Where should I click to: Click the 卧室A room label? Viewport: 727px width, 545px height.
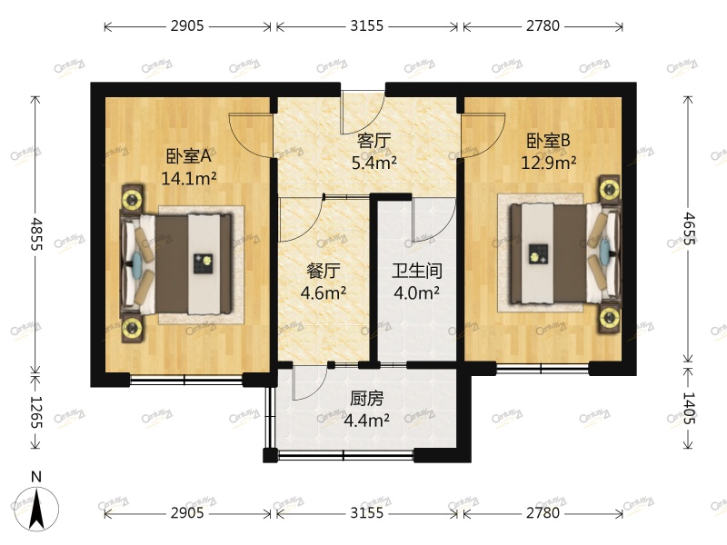[x=188, y=155]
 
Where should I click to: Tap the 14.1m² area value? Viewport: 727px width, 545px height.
[x=188, y=178]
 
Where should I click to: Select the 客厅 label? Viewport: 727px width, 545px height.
[x=374, y=141]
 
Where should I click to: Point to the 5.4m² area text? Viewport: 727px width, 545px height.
[x=374, y=163]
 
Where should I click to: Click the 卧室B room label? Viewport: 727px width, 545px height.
[x=549, y=141]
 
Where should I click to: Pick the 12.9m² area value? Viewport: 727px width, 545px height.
[x=549, y=163]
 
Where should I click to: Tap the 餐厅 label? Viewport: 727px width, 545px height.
[x=323, y=271]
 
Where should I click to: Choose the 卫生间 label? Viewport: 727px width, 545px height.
[x=416, y=271]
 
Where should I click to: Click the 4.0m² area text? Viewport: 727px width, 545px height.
[x=416, y=293]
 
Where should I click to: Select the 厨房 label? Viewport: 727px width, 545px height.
[x=367, y=398]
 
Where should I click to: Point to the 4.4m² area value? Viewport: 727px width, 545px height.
[x=367, y=421]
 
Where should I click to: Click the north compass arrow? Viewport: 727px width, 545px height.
[x=36, y=507]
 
